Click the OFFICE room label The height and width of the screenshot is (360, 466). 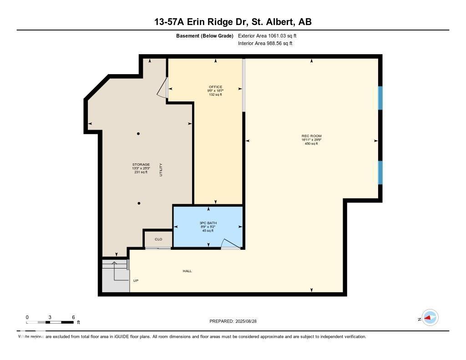coord(216,87)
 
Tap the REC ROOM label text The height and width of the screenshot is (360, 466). coord(311,136)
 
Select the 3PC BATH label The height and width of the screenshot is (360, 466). coord(208,223)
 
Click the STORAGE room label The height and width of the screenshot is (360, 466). coord(141,164)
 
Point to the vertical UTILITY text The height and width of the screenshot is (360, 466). coord(161,170)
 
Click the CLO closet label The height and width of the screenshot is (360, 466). coord(158,239)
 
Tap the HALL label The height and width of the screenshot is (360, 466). coord(187,271)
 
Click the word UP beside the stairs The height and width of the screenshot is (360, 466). coord(136,280)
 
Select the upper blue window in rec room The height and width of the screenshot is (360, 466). coord(380,98)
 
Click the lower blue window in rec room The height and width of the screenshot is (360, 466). coord(380,172)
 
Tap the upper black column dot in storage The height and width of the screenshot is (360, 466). coord(138,133)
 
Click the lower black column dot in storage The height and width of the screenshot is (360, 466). coord(139,203)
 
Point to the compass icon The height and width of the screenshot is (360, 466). coord(430,317)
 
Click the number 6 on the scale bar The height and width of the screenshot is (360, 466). coord(73,317)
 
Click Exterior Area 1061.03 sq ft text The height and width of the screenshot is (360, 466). coord(267,35)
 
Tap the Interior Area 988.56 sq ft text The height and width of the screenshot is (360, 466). coord(265,44)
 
